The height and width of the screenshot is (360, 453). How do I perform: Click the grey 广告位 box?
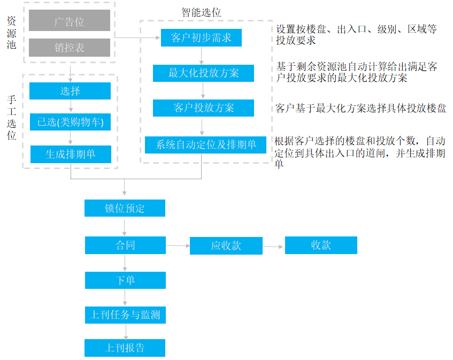coord(70,20)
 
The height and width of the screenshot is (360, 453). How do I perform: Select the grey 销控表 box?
coord(70,48)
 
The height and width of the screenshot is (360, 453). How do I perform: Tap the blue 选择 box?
coord(70,91)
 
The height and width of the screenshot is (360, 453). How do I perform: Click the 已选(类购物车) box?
coord(70,122)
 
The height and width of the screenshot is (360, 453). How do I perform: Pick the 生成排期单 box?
coord(71,154)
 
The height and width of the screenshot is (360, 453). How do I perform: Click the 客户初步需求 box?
coord(201,37)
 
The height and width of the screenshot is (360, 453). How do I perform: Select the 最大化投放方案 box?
coord(203,73)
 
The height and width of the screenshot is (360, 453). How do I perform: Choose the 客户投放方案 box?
coord(203,108)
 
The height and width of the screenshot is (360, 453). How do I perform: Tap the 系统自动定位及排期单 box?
coord(205,145)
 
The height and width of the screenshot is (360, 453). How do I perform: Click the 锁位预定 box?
coord(125,208)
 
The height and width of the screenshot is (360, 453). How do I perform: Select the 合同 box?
coord(125,246)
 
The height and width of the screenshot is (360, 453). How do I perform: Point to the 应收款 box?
coord(226,246)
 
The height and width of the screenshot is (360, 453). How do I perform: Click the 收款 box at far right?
coord(321,246)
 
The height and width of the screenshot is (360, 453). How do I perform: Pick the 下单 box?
coord(125,280)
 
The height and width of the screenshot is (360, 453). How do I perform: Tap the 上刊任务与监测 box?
coord(125,315)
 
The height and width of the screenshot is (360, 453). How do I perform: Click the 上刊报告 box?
coord(125,348)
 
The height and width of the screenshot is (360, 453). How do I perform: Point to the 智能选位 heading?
coord(201,12)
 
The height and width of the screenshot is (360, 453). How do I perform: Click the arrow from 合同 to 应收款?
coord(178,246)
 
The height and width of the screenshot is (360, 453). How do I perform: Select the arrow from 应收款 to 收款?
coord(273,247)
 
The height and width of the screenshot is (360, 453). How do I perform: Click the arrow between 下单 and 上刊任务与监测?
coord(125,297)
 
